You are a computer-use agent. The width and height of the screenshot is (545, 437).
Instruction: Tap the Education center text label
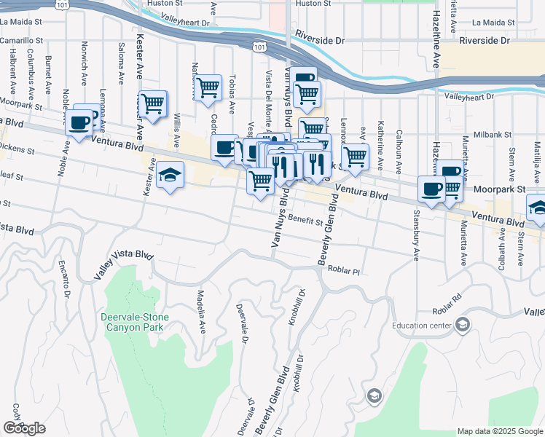click(421, 326)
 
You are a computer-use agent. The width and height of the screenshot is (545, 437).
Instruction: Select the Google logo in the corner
click(24, 428)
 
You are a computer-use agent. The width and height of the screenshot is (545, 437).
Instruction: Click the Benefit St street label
click(305, 220)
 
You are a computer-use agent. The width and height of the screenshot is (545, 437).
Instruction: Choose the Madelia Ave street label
click(200, 309)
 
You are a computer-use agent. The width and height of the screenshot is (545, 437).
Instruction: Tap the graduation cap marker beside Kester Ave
click(170, 176)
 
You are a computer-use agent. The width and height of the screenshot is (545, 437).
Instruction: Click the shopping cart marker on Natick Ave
click(208, 88)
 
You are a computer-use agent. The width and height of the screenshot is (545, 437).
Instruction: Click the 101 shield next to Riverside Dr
click(258, 47)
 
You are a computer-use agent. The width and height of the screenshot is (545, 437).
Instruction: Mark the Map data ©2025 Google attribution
click(500, 431)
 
